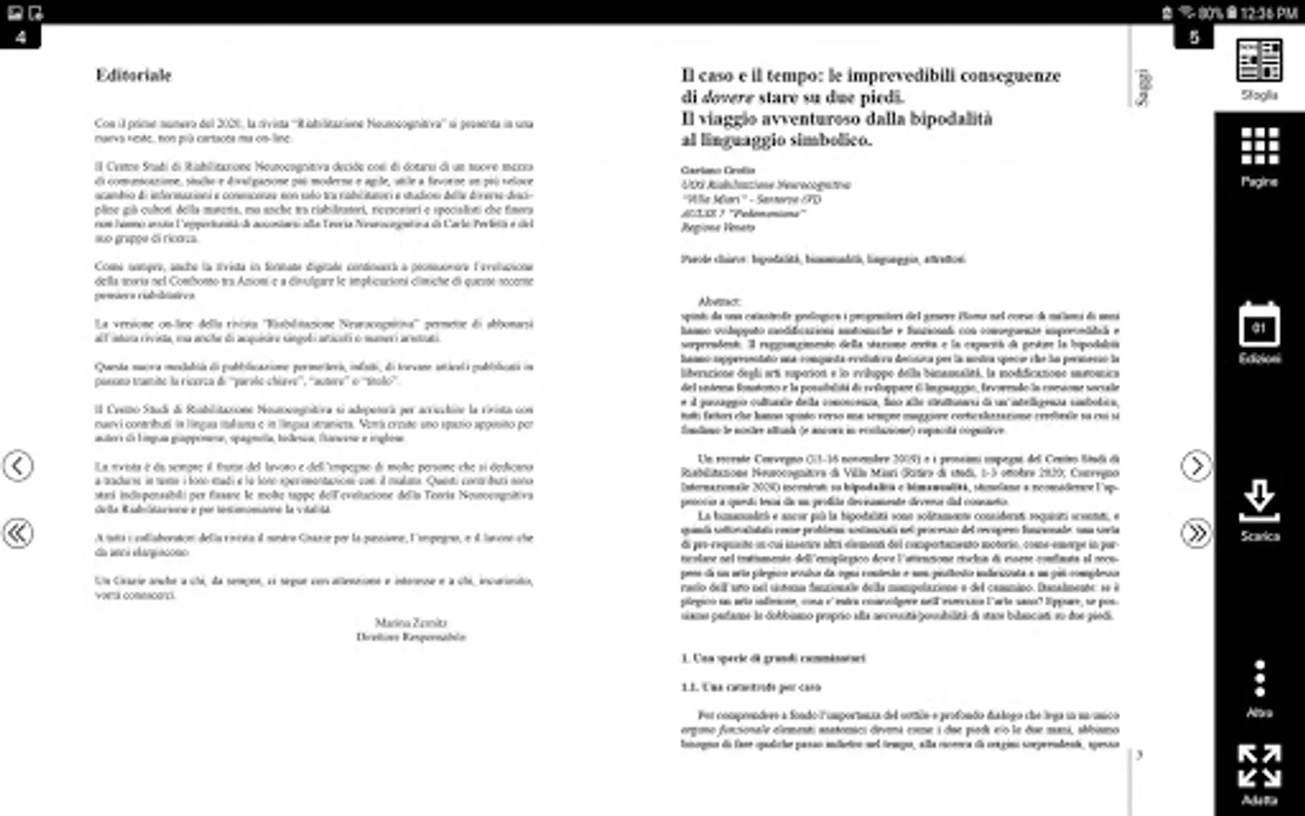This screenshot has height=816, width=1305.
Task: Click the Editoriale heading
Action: (x=133, y=75)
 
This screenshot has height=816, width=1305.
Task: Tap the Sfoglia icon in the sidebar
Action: (x=1259, y=62)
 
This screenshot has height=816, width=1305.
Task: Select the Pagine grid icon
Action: (x=1259, y=147)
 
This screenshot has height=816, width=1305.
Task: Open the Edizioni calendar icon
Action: (x=1259, y=325)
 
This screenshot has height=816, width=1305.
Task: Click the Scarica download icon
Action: (x=1259, y=501)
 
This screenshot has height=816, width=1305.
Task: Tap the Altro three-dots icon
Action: (x=1259, y=679)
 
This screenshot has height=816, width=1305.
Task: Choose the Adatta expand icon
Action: (x=1259, y=766)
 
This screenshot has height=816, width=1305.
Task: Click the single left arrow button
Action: (x=18, y=466)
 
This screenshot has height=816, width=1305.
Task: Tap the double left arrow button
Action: (x=18, y=533)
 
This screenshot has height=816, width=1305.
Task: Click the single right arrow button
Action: (x=1195, y=466)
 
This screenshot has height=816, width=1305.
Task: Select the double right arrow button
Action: (x=1195, y=533)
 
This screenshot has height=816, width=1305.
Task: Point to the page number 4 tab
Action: (x=20, y=37)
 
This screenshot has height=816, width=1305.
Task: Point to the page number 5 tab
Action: (x=1194, y=37)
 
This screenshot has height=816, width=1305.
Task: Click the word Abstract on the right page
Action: (x=719, y=301)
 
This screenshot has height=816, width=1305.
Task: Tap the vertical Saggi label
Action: (x=1144, y=87)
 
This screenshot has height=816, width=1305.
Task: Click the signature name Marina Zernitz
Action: (x=411, y=623)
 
